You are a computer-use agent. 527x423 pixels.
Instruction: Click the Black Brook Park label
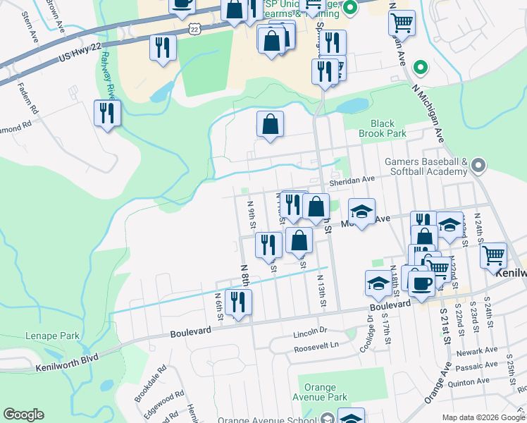383,128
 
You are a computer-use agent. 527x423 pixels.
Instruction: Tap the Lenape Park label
53,336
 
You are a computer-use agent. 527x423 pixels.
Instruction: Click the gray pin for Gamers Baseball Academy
479,166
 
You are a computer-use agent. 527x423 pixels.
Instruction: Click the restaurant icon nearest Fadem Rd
107,113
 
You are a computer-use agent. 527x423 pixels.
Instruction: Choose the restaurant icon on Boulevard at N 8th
238,302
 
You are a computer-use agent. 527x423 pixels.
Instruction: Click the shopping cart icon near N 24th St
494,255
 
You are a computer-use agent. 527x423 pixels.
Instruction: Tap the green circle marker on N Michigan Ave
420,68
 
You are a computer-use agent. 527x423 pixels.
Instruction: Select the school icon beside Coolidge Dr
378,283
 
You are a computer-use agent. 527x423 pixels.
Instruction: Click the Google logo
23,415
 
